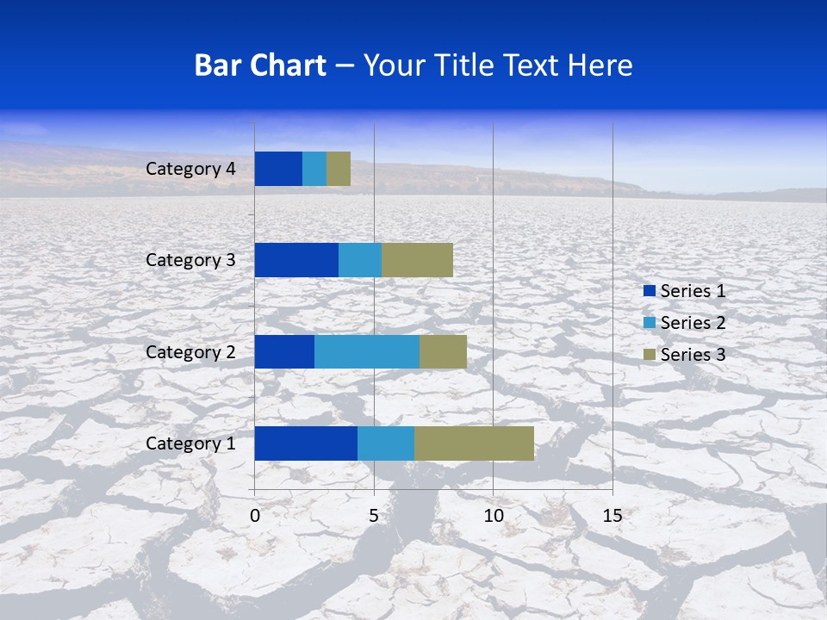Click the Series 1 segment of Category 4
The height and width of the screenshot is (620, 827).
pyautogui.click(x=278, y=169)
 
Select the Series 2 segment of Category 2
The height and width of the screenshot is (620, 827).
pyautogui.click(x=367, y=351)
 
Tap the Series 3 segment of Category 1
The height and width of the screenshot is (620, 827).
pyautogui.click(x=474, y=443)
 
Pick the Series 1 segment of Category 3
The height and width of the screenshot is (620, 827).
pyautogui.click(x=296, y=260)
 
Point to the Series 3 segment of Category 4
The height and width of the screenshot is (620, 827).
pyautogui.click(x=339, y=169)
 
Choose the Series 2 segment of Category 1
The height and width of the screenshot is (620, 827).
pyautogui.click(x=386, y=443)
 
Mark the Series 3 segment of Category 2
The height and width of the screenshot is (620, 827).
pyautogui.click(x=443, y=351)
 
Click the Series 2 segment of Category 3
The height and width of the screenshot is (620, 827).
pyautogui.click(x=360, y=260)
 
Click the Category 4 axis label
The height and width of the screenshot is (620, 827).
pyautogui.click(x=190, y=169)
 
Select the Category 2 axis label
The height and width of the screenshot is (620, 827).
pyautogui.click(x=190, y=351)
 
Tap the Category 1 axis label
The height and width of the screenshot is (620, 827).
pyautogui.click(x=190, y=443)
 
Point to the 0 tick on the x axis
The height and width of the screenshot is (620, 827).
pyautogui.click(x=255, y=516)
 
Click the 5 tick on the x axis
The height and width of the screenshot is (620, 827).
pyautogui.click(x=374, y=516)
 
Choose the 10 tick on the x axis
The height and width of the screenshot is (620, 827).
pyautogui.click(x=493, y=516)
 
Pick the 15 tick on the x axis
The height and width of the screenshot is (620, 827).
pyautogui.click(x=612, y=516)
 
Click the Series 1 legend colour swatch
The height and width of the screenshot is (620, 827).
pyautogui.click(x=649, y=291)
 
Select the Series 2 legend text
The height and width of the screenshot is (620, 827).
pyautogui.click(x=693, y=323)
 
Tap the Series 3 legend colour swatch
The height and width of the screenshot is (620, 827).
pyautogui.click(x=649, y=355)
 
